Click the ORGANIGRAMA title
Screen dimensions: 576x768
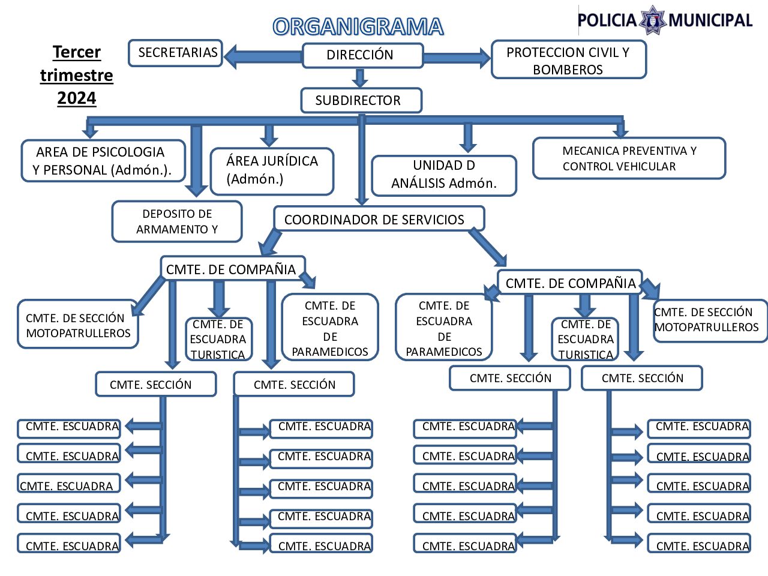pyautogui.click(x=358, y=27)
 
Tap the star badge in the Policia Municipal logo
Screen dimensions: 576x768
pyautogui.click(x=653, y=20)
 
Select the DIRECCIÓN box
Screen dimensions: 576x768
pyautogui.click(x=362, y=55)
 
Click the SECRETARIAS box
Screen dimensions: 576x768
pyautogui.click(x=176, y=53)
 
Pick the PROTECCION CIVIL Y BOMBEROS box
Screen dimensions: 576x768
pyautogui.click(x=568, y=60)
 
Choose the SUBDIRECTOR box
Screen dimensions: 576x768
pyautogui.click(x=361, y=100)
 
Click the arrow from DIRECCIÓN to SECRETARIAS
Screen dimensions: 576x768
pyautogui.click(x=262, y=56)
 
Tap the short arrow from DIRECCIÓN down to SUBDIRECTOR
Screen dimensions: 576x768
pyautogui.click(x=360, y=78)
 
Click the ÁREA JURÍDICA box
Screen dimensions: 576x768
pyautogui.click(x=272, y=171)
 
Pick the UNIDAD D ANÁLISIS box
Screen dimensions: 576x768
pyautogui.click(x=444, y=175)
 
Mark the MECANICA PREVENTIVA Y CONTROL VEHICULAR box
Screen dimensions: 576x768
pyautogui.click(x=629, y=158)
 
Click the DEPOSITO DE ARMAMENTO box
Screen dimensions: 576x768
pyautogui.click(x=177, y=221)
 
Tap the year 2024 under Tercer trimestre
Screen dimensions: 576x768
pyautogui.click(x=77, y=98)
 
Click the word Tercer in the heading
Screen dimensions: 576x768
pyautogui.click(x=77, y=52)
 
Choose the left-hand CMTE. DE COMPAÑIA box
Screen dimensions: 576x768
pyautogui.click(x=232, y=269)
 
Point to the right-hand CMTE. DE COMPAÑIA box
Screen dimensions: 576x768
pyautogui.click(x=569, y=283)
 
